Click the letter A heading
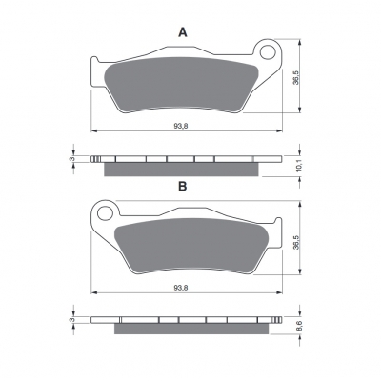[183, 32]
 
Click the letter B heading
[183, 187]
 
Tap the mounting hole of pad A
[268, 52]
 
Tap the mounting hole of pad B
[105, 213]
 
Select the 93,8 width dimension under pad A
[181, 126]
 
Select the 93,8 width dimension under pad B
[181, 288]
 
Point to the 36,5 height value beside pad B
[295, 242]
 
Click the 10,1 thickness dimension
[298, 167]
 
